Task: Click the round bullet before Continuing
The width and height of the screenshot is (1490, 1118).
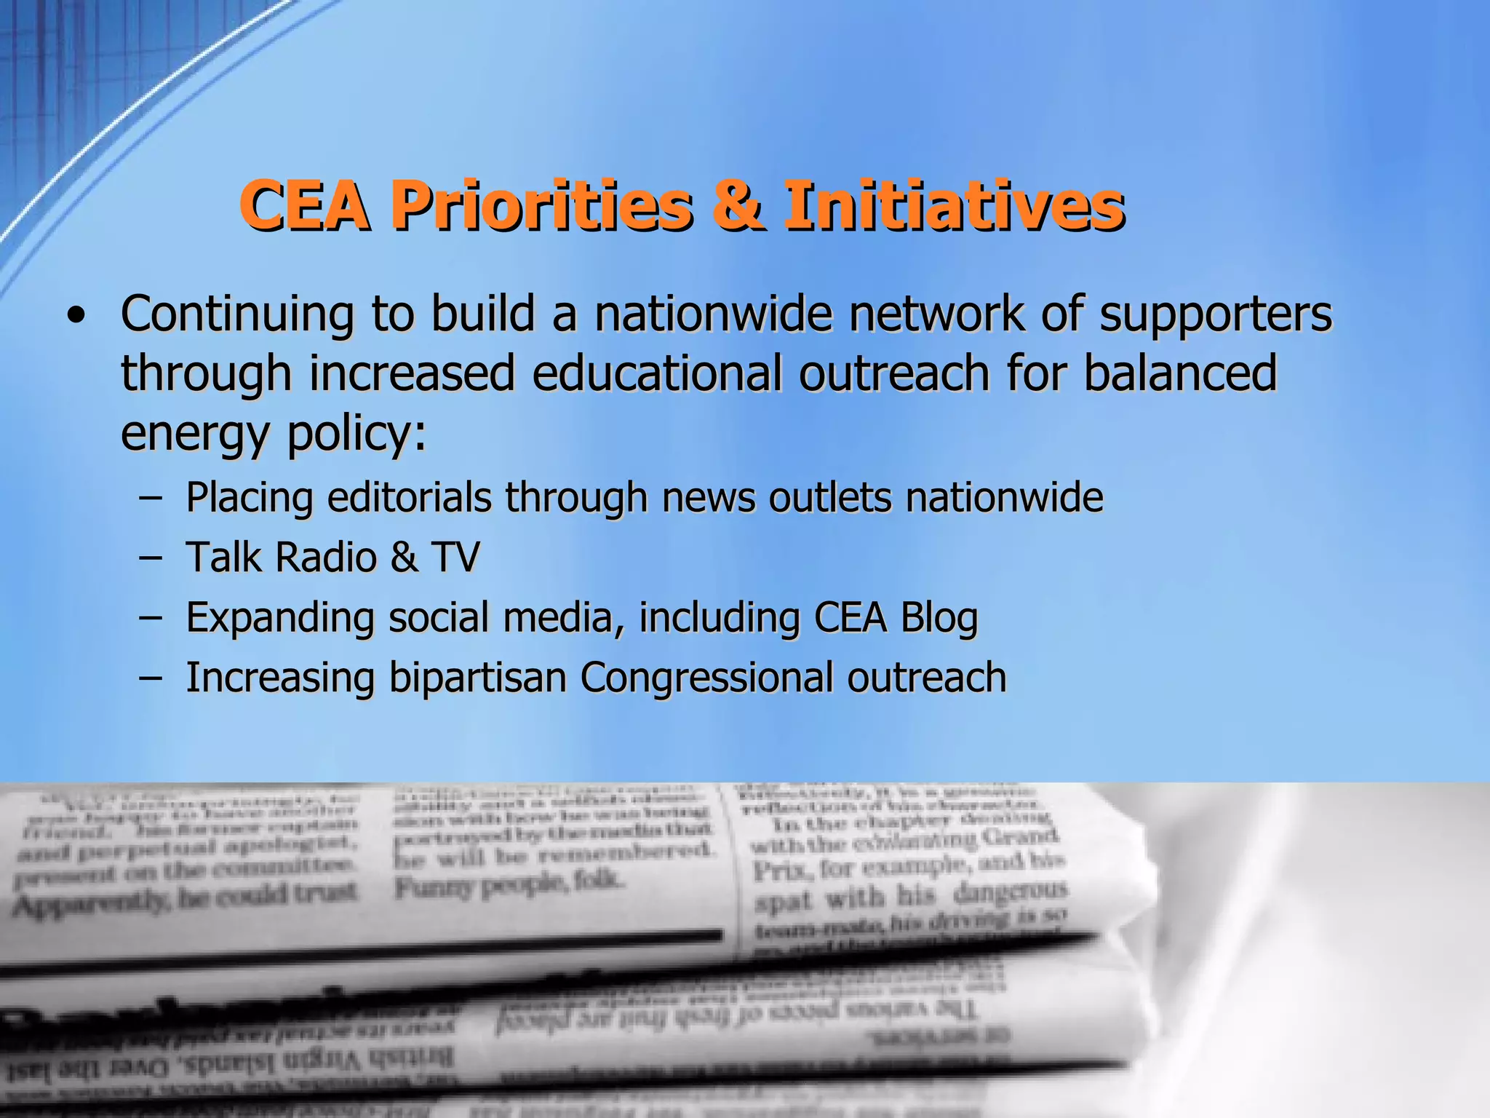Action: point(76,317)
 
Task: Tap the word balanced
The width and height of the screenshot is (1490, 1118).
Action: point(1180,373)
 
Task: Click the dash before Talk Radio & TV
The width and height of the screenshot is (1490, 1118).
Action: point(150,558)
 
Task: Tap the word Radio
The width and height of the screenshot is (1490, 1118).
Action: point(326,558)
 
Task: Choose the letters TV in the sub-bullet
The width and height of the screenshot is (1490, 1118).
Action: point(455,558)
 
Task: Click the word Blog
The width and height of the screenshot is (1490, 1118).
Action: point(939,619)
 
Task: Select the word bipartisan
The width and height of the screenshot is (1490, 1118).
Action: point(477,678)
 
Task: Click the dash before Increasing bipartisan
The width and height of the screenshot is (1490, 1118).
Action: point(150,678)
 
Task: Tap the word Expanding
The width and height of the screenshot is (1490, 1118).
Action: point(279,619)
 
